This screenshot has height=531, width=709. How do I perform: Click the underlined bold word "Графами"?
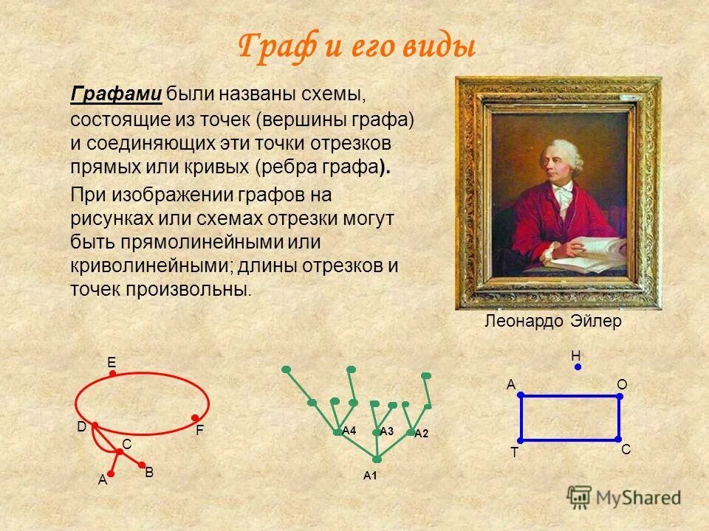point(116,94)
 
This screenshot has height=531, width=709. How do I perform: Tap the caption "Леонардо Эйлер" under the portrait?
point(552,322)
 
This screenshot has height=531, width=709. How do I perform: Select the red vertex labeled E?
point(112,375)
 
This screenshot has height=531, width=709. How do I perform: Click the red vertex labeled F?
point(195,417)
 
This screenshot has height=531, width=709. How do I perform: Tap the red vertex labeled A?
point(112,473)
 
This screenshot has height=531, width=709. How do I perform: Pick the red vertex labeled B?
point(142,465)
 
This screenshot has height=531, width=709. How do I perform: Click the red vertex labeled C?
point(118,451)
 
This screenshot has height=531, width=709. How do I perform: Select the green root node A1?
point(377,459)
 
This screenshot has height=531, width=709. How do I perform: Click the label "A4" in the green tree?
point(349,430)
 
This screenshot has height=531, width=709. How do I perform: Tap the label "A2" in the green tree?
point(421,434)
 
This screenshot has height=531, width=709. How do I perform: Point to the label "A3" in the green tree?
point(387,431)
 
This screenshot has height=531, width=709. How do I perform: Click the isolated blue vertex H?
point(578,367)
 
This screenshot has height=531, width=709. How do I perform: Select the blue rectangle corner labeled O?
point(620,396)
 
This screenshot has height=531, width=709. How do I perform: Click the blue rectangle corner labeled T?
point(521,440)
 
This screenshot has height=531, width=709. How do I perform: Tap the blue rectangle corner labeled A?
point(521,396)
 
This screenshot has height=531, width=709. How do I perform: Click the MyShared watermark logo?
point(624,497)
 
